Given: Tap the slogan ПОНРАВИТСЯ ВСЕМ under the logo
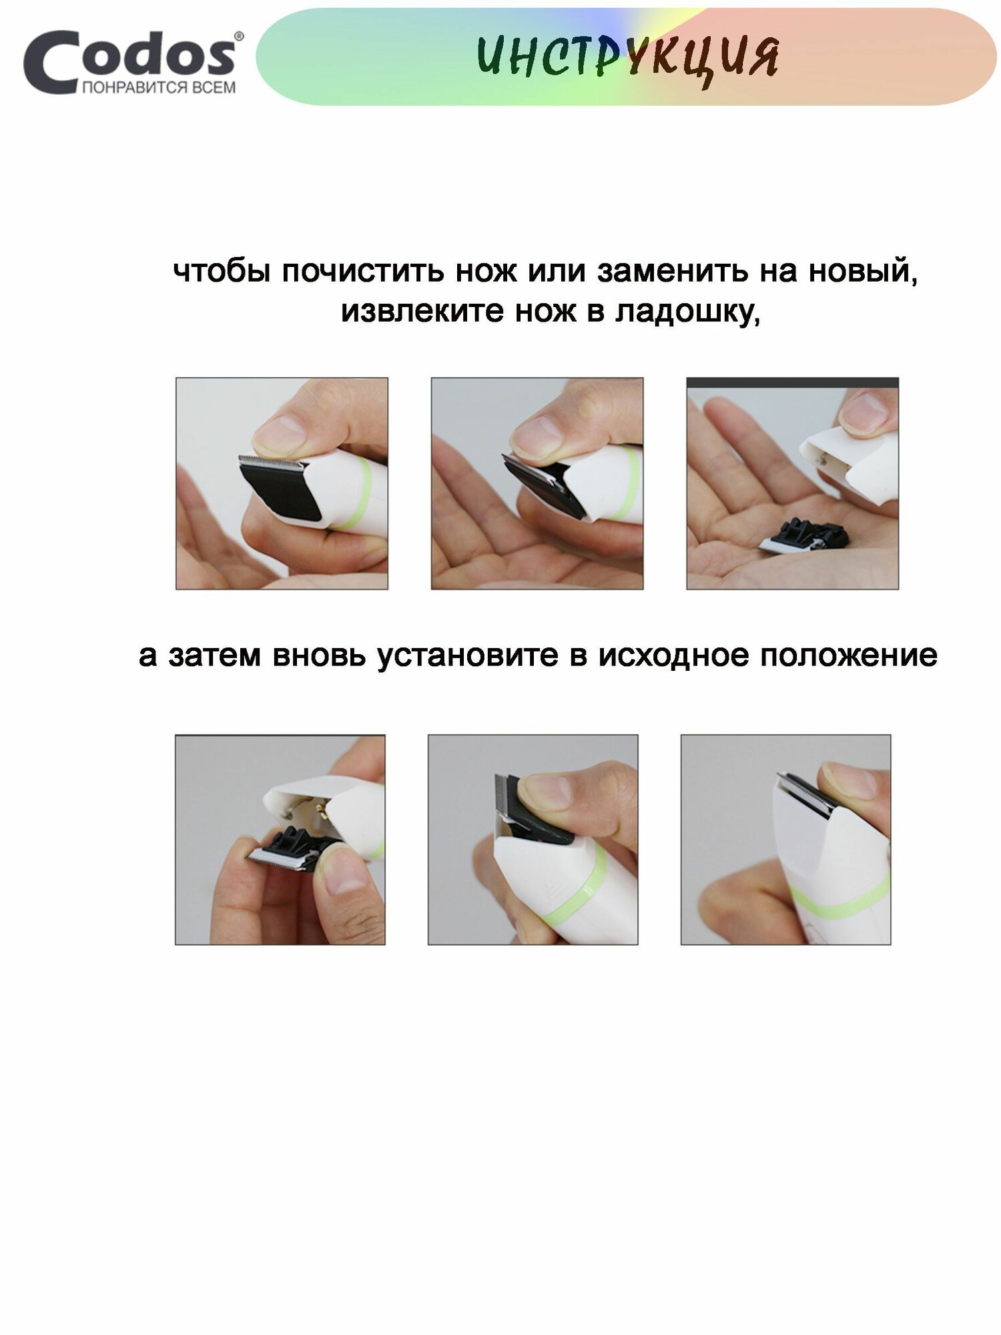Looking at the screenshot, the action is point(159,87).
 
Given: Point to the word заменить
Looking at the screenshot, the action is point(672,271).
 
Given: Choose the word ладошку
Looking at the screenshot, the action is point(688,312).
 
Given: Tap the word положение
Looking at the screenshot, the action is point(849,655).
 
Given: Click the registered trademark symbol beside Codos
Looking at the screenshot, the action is point(239,36).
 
